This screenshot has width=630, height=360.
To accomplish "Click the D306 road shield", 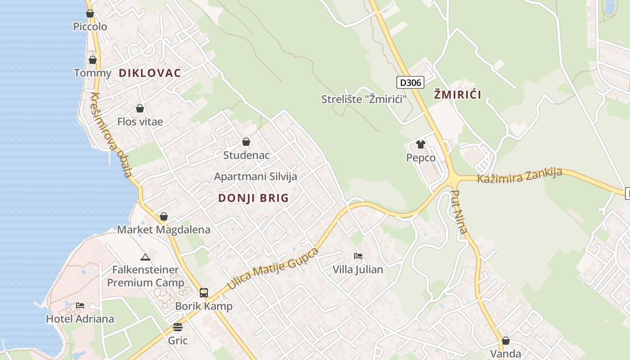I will tap(410, 82).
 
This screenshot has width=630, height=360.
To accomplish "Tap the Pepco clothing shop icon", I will tap(421, 144).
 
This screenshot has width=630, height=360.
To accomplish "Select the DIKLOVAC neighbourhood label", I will tap(150, 73).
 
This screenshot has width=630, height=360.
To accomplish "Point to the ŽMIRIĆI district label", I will tap(458, 94).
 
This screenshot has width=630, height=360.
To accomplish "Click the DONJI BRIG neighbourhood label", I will tap(253, 198).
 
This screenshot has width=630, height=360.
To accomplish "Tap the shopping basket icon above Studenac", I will tap(246, 142).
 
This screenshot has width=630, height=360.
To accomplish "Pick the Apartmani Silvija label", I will tap(256, 176).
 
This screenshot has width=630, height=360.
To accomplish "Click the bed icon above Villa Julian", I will tap(358, 256).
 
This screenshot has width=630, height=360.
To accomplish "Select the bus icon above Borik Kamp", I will tap(204, 293).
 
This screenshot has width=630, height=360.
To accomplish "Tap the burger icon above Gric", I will tap(178, 327).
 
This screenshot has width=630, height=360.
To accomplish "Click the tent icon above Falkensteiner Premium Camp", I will tap(145, 257).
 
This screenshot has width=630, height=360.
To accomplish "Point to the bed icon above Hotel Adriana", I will tap(80, 305).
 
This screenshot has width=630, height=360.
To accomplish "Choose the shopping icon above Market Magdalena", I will tap(164, 216).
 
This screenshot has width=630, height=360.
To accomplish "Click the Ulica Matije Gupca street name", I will tap(273, 268).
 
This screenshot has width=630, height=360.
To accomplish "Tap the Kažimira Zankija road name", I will tap(519, 175).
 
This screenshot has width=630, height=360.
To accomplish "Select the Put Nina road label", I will tap(459, 212).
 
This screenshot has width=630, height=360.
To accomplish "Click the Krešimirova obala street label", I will tap(111, 135).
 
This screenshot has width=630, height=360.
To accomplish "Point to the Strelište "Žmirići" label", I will tap(361, 99).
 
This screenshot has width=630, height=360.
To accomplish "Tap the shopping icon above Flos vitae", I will tap(140, 108).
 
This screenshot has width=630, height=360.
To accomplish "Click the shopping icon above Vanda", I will tap(506, 341).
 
